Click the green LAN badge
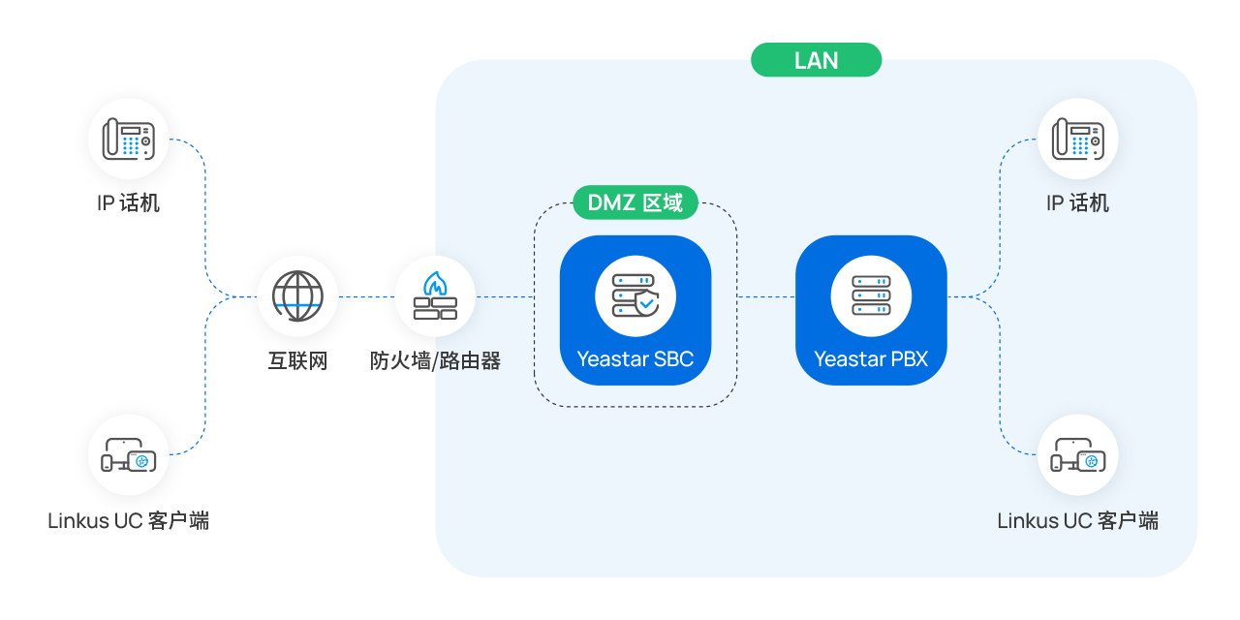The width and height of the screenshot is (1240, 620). (x=816, y=60)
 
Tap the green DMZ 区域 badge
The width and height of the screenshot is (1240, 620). (x=635, y=202)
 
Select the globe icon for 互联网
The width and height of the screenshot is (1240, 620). (x=297, y=295)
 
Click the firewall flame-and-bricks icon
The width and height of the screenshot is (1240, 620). (x=435, y=295)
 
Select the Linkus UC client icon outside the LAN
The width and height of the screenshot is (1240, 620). (x=129, y=454)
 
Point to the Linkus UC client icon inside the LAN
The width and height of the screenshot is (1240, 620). (x=1077, y=454)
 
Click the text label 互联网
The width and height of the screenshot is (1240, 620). (x=297, y=361)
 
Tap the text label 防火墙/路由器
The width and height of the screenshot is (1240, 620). (x=435, y=361)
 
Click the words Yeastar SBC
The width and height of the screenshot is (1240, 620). (x=635, y=359)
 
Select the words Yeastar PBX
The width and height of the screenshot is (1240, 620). (x=871, y=359)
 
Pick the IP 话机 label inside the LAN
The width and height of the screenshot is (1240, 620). (x=1077, y=203)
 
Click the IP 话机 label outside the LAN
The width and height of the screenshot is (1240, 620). (x=129, y=203)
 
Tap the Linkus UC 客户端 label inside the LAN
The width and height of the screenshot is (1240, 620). (x=1077, y=521)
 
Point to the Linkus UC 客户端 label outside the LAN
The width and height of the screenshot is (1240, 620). (x=129, y=521)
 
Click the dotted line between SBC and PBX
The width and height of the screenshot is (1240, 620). (x=765, y=296)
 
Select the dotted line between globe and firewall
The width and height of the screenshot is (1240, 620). (x=366, y=296)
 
